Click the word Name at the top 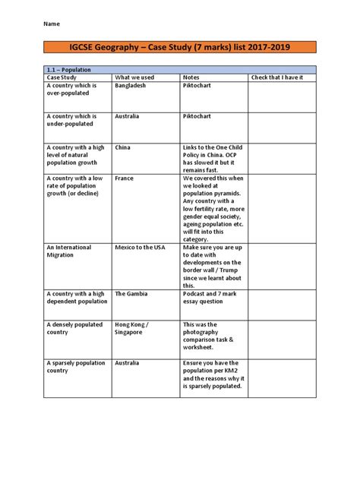click(52, 24)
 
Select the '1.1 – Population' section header click(69, 70)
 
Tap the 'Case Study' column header click(62, 77)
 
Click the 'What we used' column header click(135, 77)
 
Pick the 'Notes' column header click(191, 77)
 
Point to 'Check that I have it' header click(277, 77)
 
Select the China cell click(122, 148)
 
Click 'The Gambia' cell click(130, 293)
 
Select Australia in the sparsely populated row click(127, 363)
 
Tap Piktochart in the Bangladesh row click(197, 86)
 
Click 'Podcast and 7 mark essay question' click(210, 297)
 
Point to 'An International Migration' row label click(69, 251)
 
